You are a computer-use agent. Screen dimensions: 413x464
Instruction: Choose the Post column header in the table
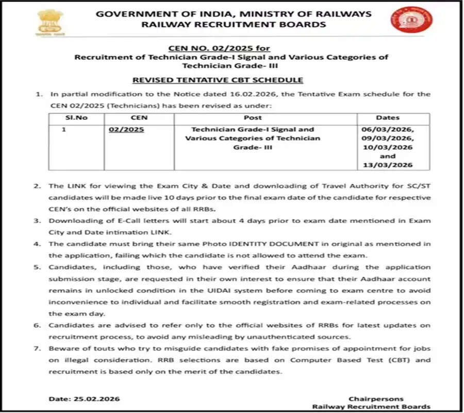253,118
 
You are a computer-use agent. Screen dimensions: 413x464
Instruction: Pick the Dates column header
388,118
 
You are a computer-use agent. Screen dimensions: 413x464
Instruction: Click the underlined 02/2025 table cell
126,130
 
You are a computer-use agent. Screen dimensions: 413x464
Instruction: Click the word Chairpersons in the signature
376,399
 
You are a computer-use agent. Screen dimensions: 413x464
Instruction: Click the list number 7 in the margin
37,349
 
